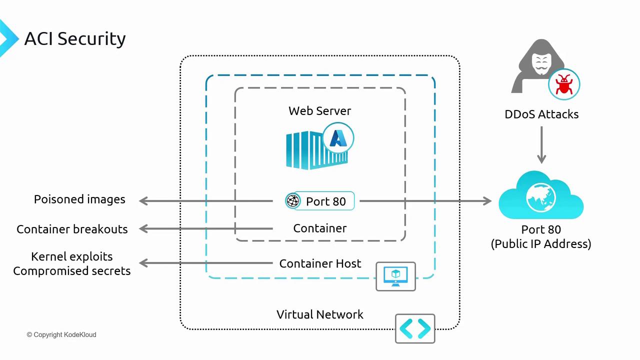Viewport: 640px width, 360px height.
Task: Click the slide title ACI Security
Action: point(75,38)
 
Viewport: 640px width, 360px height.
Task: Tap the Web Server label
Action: point(320,111)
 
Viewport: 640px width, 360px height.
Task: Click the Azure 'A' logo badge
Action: point(338,138)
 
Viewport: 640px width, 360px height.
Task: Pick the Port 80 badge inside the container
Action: point(320,201)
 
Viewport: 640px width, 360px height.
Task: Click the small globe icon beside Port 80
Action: point(293,201)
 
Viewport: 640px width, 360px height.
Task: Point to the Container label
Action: point(320,228)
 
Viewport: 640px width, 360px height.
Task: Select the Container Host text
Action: point(320,263)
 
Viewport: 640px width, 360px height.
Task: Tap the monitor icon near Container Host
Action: point(395,276)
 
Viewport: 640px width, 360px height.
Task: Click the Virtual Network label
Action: point(320,314)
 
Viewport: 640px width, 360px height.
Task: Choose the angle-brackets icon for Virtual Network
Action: point(415,328)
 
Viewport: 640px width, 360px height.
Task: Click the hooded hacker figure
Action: point(537,68)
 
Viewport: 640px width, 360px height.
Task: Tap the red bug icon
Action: point(564,84)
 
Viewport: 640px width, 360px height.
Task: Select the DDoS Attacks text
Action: point(541,114)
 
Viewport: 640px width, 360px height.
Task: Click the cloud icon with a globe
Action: point(541,196)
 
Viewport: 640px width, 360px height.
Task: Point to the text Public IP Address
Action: point(541,244)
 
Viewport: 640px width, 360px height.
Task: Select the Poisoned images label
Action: point(79,199)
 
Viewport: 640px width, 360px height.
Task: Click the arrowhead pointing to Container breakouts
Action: point(143,229)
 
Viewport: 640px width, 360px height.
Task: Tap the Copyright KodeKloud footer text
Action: point(61,334)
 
